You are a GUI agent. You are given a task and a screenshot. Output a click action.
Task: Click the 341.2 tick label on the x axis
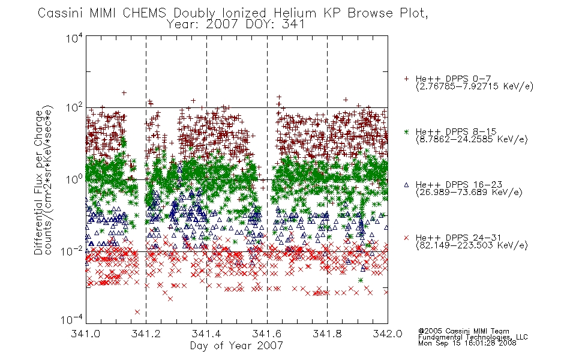(x=146, y=334)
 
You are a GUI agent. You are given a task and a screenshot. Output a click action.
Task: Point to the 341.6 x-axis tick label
(x=267, y=334)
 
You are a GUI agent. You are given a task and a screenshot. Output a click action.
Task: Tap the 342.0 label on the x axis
(x=388, y=334)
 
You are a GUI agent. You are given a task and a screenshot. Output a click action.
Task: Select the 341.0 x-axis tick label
(x=85, y=334)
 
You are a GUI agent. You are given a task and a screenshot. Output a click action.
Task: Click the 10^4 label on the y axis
(x=74, y=38)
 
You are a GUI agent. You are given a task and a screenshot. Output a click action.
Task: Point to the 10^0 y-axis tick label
(x=74, y=179)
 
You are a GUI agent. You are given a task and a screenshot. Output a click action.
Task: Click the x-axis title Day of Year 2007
(x=236, y=346)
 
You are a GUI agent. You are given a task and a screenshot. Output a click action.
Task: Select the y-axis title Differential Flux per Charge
(x=39, y=182)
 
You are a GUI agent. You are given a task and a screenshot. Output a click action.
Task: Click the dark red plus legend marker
(x=406, y=79)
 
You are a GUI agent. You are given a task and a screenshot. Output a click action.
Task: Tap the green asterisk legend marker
(x=406, y=131)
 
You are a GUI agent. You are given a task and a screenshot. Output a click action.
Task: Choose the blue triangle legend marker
(x=406, y=185)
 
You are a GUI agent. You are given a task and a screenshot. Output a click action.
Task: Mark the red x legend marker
(x=406, y=238)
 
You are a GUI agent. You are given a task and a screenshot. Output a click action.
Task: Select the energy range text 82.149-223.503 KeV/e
(x=472, y=245)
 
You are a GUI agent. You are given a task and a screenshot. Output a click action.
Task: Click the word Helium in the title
(x=295, y=13)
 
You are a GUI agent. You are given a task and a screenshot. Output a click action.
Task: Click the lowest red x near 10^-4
(x=137, y=312)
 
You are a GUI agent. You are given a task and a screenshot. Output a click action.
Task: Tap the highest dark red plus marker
(x=124, y=93)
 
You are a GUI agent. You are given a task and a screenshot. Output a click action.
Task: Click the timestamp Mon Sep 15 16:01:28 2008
(x=467, y=343)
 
